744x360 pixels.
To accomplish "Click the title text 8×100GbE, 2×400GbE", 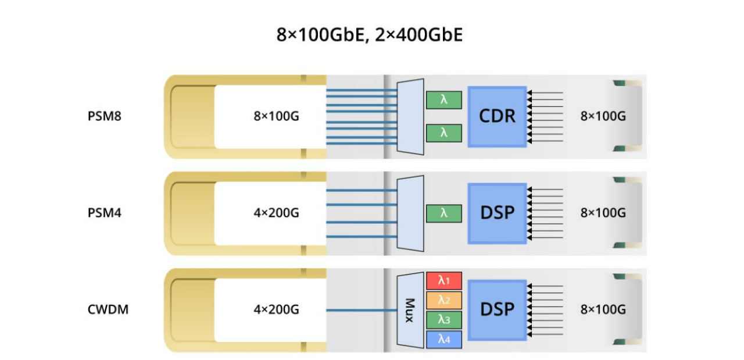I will [x=370, y=35].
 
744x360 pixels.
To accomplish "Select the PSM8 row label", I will [x=105, y=116].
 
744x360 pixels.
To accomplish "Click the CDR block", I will [x=497, y=116].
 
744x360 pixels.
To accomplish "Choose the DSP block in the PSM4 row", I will [x=497, y=213].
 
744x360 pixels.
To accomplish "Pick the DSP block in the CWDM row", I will [x=497, y=309].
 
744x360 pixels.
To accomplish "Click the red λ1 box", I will [x=443, y=281].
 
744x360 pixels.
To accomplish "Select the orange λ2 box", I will [x=443, y=300].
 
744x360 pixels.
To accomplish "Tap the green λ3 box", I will [x=443, y=319].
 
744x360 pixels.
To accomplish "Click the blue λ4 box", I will [x=443, y=339].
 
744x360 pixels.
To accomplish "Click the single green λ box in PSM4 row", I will [x=443, y=213].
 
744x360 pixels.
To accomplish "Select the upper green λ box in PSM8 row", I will [x=443, y=100].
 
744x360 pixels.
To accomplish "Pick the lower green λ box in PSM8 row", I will [x=443, y=133].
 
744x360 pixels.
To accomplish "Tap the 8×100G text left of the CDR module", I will [x=276, y=116].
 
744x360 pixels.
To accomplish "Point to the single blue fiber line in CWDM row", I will [x=360, y=310].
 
